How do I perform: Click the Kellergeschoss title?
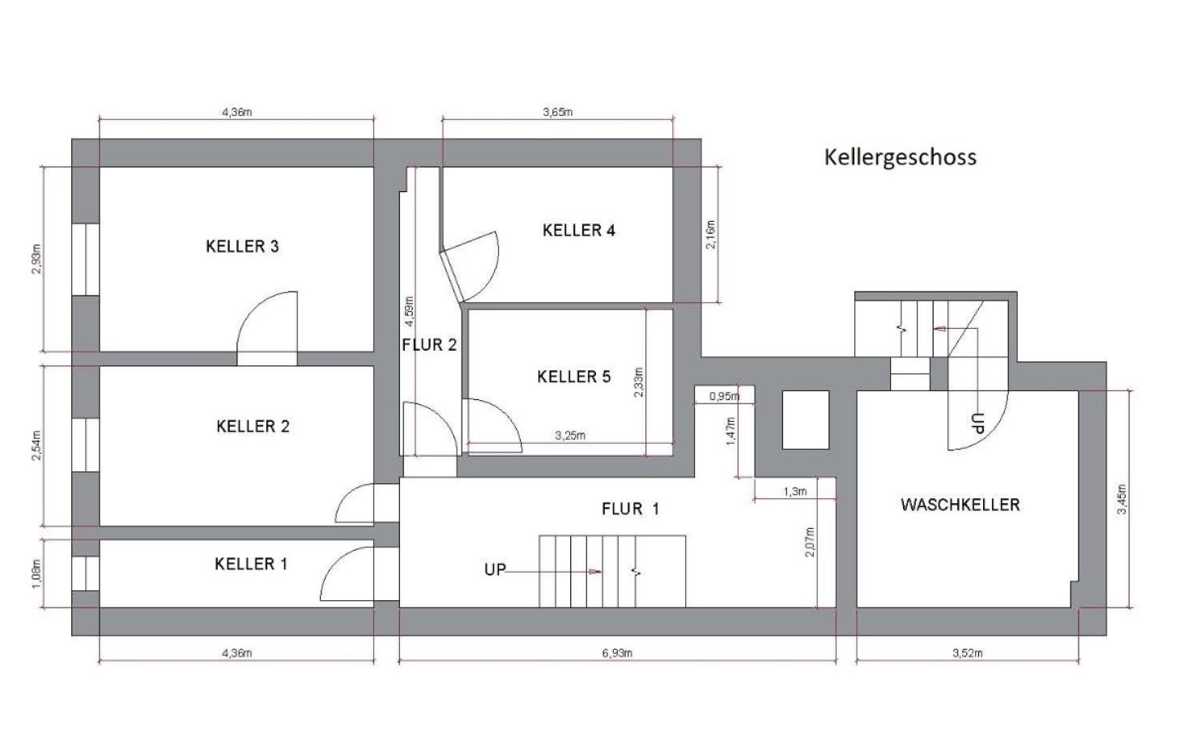click(x=900, y=156)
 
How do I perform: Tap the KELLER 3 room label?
click(x=242, y=246)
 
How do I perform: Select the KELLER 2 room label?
click(x=253, y=426)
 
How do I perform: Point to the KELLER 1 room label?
click(x=250, y=564)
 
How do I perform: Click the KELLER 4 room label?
click(x=578, y=230)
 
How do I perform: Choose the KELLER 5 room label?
click(x=573, y=377)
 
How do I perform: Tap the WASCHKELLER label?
click(x=960, y=505)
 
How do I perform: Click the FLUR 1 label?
click(x=630, y=509)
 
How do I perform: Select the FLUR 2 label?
click(x=429, y=345)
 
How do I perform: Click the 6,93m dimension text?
click(x=617, y=653)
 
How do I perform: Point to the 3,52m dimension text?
click(x=967, y=653)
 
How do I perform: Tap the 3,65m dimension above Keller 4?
click(x=557, y=112)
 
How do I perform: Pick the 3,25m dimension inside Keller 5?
click(x=570, y=435)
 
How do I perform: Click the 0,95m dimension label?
click(x=724, y=396)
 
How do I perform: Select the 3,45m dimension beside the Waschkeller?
click(x=1121, y=498)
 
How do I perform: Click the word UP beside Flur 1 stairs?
click(x=495, y=569)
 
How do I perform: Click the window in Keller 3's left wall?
click(x=85, y=259)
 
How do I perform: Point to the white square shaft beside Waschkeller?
click(x=805, y=420)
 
